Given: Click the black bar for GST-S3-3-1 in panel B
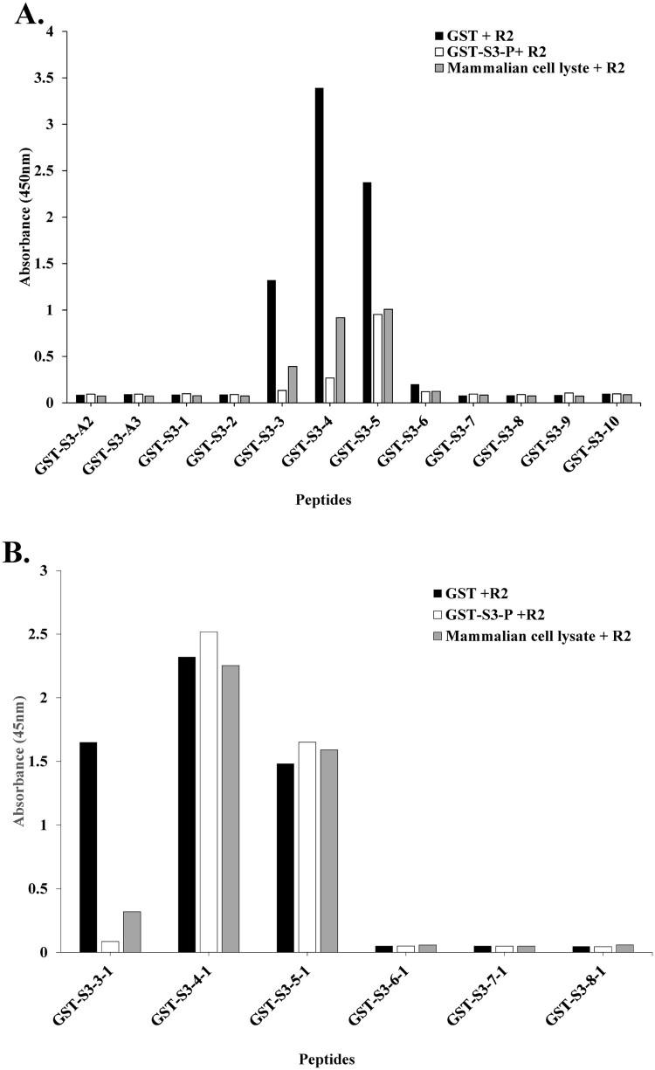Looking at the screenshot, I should coord(88,847).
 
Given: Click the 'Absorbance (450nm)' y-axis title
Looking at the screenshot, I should coord(26,217).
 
